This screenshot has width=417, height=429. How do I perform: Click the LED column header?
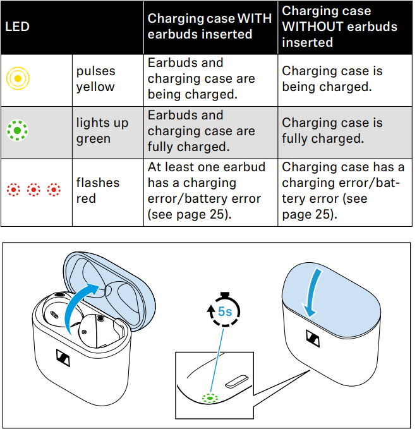pyautogui.click(x=17, y=27)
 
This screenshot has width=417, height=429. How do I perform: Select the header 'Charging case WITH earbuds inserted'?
pyautogui.click(x=209, y=27)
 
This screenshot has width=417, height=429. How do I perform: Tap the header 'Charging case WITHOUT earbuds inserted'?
pyautogui.click(x=339, y=27)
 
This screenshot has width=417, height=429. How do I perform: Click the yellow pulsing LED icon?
pyautogui.click(x=18, y=78)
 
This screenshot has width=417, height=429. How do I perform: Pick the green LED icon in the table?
pyautogui.click(x=17, y=131)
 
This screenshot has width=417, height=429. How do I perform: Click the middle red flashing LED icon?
pyautogui.click(x=33, y=190)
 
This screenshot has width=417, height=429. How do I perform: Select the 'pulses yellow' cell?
pyautogui.click(x=95, y=79)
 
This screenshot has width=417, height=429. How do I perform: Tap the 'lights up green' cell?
pyautogui.click(x=102, y=131)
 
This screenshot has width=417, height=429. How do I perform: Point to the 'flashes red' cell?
pyautogui.click(x=98, y=190)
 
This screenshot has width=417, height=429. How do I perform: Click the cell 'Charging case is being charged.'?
pyautogui.click(x=332, y=79)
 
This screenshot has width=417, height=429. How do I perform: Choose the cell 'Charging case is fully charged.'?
pyautogui.click(x=332, y=131)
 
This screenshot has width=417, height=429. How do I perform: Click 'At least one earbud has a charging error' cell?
pyautogui.click(x=207, y=190)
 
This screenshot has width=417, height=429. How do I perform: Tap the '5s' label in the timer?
pyautogui.click(x=225, y=311)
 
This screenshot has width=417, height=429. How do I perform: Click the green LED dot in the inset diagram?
pyautogui.click(x=210, y=398)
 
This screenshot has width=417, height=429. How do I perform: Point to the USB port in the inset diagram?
pyautogui.click(x=237, y=382)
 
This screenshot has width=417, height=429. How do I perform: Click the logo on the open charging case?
pyautogui.click(x=63, y=358)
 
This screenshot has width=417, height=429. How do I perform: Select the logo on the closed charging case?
pyautogui.click(x=313, y=339)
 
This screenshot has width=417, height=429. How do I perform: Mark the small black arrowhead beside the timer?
pyautogui.click(x=211, y=310)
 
